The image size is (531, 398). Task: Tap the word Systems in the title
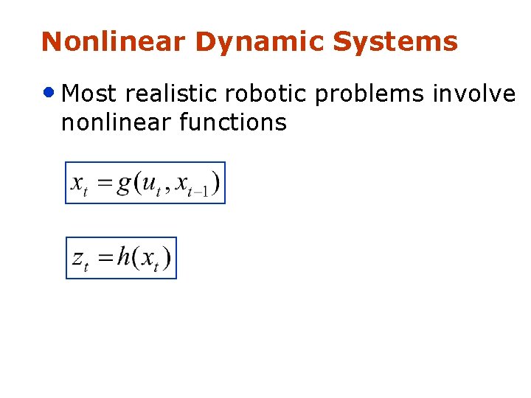395,43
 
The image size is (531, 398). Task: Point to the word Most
91,94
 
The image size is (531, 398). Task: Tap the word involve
473,94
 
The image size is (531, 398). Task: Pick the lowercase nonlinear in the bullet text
116,122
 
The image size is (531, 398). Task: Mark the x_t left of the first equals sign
80,184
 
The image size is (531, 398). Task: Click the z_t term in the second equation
80,259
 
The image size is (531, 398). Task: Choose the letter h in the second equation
124,257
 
